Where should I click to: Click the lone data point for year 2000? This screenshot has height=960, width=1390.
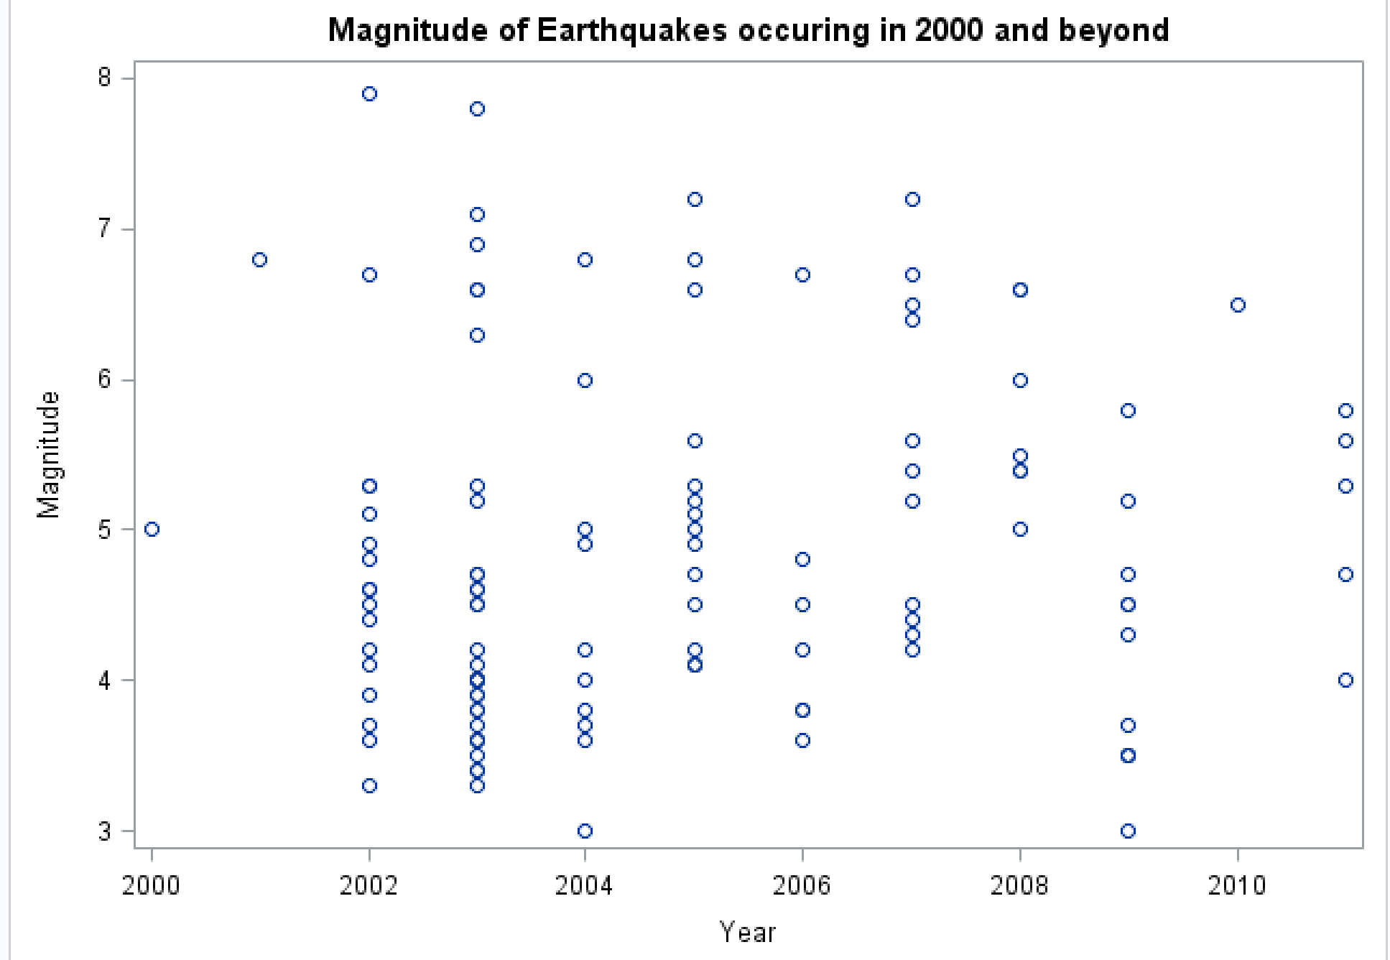152,530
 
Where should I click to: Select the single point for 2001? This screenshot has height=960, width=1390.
260,259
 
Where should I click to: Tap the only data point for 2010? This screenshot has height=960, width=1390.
1238,305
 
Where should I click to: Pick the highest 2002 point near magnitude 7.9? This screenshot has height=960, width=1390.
369,94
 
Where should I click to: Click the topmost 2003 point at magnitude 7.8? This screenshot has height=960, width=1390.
477,109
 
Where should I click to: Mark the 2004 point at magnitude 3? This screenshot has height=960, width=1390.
585,831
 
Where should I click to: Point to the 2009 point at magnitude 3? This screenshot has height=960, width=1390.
1129,831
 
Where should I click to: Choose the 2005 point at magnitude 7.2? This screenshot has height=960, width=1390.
695,200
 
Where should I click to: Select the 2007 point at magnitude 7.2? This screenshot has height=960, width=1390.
912,200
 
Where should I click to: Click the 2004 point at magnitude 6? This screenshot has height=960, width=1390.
585,380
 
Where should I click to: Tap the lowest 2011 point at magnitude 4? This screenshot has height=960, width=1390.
1345,680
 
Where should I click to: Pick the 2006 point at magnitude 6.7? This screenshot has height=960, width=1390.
803,275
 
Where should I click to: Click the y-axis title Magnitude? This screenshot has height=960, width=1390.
50,455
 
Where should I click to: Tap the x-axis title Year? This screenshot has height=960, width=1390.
748,933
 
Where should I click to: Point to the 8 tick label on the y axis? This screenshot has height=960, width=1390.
106,78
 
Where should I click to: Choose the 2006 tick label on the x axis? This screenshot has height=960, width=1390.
802,886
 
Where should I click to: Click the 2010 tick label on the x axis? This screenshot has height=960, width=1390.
1236,886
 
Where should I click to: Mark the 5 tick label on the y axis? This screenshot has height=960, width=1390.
106,530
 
